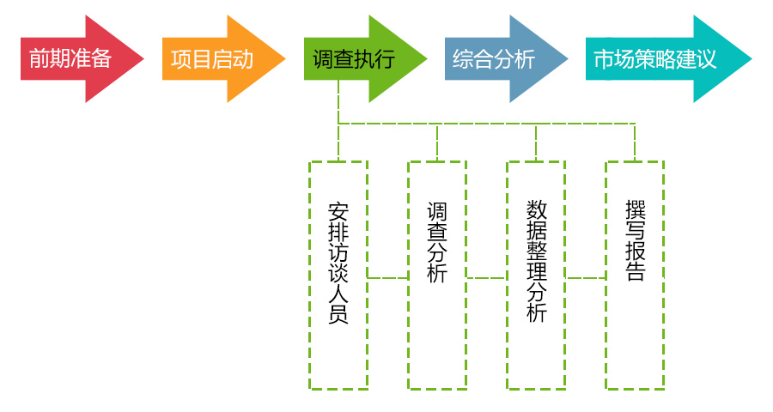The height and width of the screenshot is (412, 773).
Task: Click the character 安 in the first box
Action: coord(338,211)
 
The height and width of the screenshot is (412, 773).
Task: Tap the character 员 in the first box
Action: coord(338,314)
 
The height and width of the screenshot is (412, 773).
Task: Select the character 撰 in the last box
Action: coord(636,210)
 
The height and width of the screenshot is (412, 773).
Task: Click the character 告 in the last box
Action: coord(636,272)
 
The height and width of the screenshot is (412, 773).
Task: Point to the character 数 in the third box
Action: coord(537,210)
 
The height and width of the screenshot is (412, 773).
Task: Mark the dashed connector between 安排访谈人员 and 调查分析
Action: coord(387,277)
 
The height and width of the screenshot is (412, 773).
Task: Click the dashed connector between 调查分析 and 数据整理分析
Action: coord(486,277)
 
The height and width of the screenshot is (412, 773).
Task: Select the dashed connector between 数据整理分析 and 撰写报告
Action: coord(585,277)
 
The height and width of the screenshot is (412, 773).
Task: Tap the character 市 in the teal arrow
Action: coord(604,58)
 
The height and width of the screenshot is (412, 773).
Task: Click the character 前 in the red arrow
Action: coord(39,58)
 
